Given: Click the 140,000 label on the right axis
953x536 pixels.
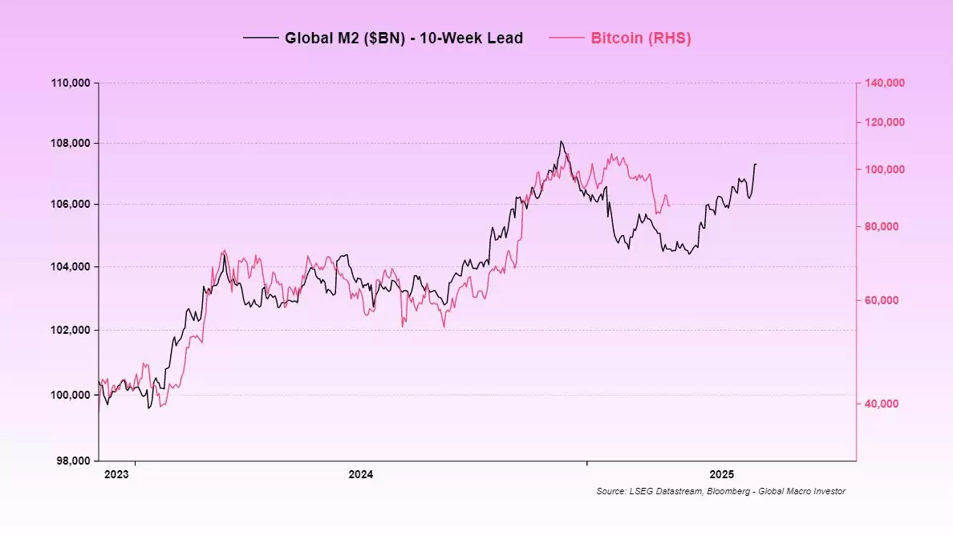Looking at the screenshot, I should click(881, 83).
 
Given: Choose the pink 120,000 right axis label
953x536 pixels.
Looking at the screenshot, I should click(881, 122).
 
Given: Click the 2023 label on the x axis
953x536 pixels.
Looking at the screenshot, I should click(116, 474).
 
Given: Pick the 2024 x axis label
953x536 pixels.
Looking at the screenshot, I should click(360, 474).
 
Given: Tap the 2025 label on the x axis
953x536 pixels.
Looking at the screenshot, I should click(720, 474).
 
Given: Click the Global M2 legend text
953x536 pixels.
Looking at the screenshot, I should click(404, 38).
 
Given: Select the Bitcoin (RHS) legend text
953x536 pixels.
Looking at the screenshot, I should click(640, 38).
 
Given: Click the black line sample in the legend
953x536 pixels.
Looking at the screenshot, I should click(260, 38).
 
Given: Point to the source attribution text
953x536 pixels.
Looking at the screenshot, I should click(720, 491).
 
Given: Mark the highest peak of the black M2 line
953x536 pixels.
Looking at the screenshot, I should click(561, 141).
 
